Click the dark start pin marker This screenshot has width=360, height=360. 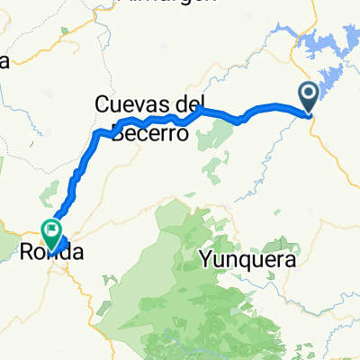pyautogui.click(x=308, y=94)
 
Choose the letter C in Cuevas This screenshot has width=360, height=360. pyautogui.click(x=102, y=105)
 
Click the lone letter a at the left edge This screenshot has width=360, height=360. pyautogui.click(x=4, y=61)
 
